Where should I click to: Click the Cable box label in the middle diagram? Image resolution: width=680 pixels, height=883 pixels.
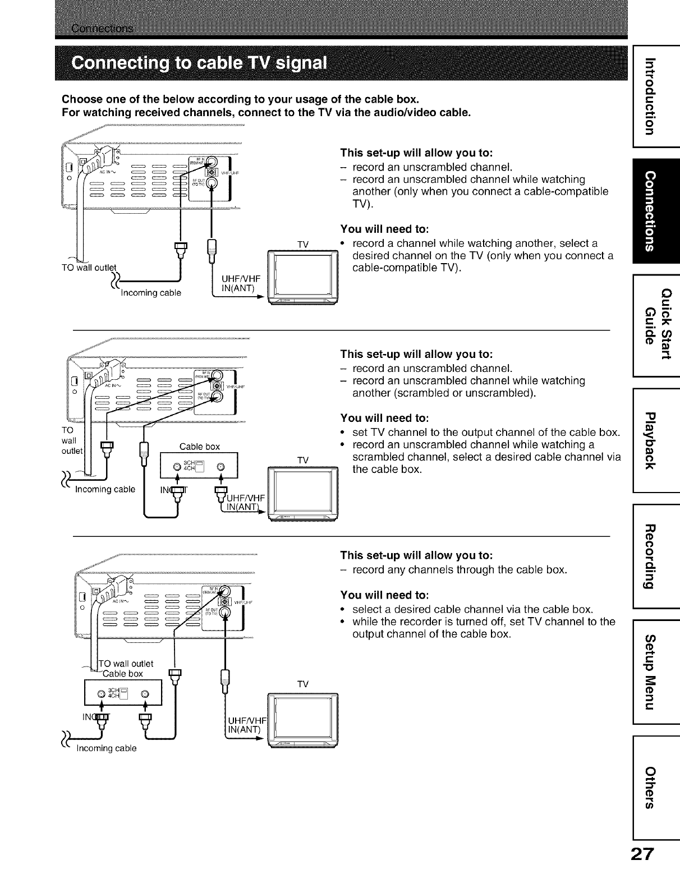click(x=199, y=447)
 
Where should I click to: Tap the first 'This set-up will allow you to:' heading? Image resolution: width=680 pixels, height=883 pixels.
click(x=417, y=153)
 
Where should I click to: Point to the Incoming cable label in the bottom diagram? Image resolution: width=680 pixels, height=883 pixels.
click(x=107, y=748)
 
